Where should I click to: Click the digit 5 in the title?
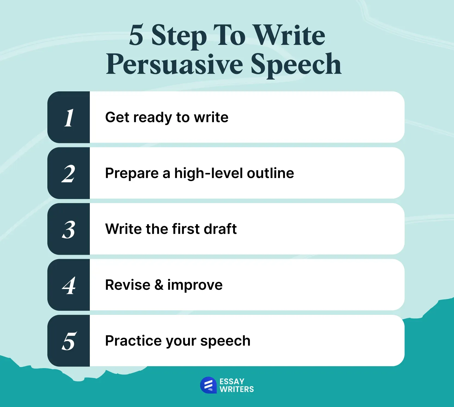(x=136, y=35)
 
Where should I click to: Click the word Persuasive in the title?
(x=174, y=64)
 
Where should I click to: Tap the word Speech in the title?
(x=296, y=64)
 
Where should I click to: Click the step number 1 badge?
(x=69, y=117)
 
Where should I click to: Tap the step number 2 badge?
(x=69, y=173)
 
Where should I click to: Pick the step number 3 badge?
(x=69, y=229)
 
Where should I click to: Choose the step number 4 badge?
(x=69, y=285)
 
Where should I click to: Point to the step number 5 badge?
(x=69, y=341)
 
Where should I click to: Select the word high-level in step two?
(x=208, y=173)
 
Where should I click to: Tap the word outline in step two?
(x=270, y=173)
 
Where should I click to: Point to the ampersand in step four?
(x=159, y=285)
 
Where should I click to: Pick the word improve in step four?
(x=195, y=285)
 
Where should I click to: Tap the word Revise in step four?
(x=128, y=285)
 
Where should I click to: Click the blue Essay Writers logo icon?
(x=208, y=385)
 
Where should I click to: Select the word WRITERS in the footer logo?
(x=237, y=389)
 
